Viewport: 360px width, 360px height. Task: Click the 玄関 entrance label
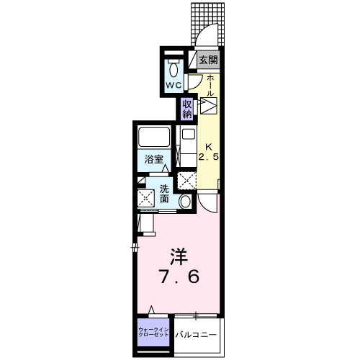click(x=208, y=61)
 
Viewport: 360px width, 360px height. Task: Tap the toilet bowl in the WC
click(x=174, y=71)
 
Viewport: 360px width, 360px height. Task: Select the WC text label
click(x=174, y=85)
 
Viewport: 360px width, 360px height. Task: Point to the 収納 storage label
click(x=187, y=108)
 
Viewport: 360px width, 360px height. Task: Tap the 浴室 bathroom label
click(x=152, y=159)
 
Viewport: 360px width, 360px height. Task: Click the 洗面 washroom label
click(x=165, y=193)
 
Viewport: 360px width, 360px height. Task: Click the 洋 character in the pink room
click(x=179, y=255)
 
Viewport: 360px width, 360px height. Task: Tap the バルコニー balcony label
click(x=194, y=334)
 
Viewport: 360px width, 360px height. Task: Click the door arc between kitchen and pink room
click(x=210, y=203)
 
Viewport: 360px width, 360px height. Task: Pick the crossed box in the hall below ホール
click(x=209, y=107)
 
